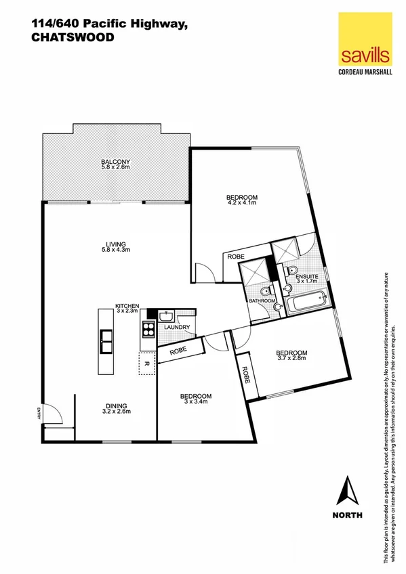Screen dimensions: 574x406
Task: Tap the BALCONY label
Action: [115, 161]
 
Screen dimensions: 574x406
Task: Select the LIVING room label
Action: [115, 244]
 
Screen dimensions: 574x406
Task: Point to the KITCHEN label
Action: [127, 306]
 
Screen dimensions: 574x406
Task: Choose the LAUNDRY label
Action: [176, 328]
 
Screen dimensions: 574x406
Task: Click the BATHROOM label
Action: [262, 300]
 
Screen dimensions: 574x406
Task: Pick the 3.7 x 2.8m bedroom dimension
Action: [291, 359]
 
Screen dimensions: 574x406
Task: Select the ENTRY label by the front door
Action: [40, 414]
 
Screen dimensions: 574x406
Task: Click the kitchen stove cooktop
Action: [148, 329]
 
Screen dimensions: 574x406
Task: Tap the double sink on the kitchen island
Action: [106, 341]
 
